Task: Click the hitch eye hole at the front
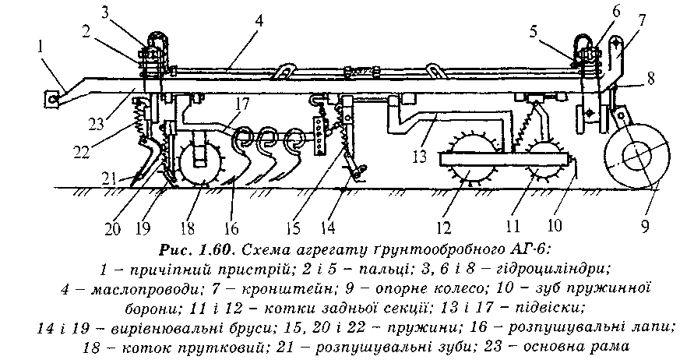click(x=53, y=98)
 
